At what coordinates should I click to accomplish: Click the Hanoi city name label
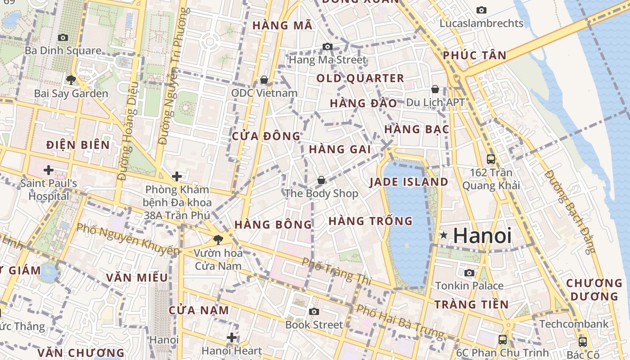coord(482,236)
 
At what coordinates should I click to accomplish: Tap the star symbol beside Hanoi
coord(444,235)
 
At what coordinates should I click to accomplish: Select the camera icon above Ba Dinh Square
coord(63,37)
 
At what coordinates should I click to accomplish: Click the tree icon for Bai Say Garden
coord(71,80)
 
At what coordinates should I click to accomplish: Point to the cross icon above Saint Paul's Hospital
coord(48,170)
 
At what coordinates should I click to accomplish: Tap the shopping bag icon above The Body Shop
coord(321,180)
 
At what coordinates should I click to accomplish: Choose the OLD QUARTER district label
coord(360,78)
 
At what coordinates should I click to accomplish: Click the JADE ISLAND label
coord(409,182)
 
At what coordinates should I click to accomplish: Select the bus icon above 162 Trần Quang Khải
coord(490,159)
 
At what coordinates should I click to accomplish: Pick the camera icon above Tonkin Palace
coord(469,273)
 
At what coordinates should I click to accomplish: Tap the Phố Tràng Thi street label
coord(336,271)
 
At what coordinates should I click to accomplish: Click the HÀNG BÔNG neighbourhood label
coord(273,224)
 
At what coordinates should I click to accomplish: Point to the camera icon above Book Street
coord(314,311)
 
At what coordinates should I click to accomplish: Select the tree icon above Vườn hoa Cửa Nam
coord(218,239)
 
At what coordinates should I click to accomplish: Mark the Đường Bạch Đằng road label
coord(570,211)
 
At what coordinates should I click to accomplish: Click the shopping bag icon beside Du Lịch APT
coord(435,89)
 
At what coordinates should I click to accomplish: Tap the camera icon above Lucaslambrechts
coord(481,10)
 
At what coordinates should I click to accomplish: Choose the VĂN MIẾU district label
coord(137,277)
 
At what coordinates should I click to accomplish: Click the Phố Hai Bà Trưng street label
coord(400,321)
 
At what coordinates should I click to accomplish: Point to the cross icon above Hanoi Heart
coord(232,337)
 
